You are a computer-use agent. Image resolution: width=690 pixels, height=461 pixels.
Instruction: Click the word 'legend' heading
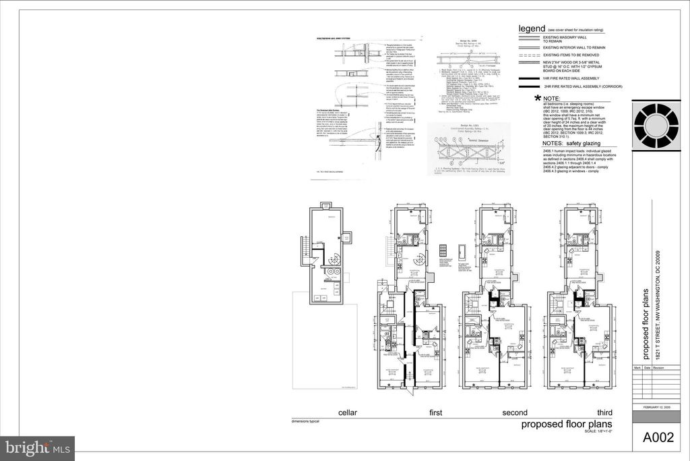[x=531, y=29]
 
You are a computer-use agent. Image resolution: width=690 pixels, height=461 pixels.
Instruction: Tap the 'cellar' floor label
[x=351, y=412]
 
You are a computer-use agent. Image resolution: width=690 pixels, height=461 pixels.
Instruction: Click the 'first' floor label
[x=438, y=412]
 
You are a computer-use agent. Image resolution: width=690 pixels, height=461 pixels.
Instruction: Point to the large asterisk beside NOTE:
[x=537, y=99]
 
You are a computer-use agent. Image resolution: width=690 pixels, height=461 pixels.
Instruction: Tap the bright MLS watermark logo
[x=38, y=448]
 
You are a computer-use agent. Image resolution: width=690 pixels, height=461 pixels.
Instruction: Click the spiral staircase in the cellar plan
[x=333, y=257]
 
